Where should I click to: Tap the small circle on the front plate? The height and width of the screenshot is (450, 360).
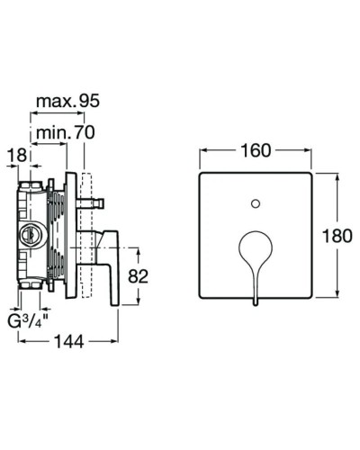point(256,198)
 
